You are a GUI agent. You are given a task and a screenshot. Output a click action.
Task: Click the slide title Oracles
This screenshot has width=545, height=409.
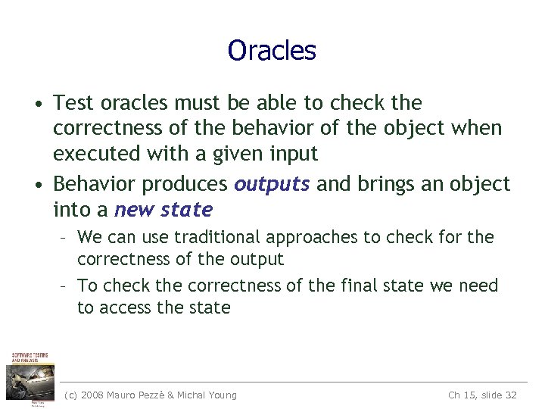[x=272, y=51]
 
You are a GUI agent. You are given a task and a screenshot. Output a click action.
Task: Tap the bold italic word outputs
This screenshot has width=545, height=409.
[x=272, y=184]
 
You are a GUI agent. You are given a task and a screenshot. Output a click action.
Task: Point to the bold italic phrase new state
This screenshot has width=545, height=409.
[x=163, y=209]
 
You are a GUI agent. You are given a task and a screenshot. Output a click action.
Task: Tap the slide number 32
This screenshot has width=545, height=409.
[x=510, y=395]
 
